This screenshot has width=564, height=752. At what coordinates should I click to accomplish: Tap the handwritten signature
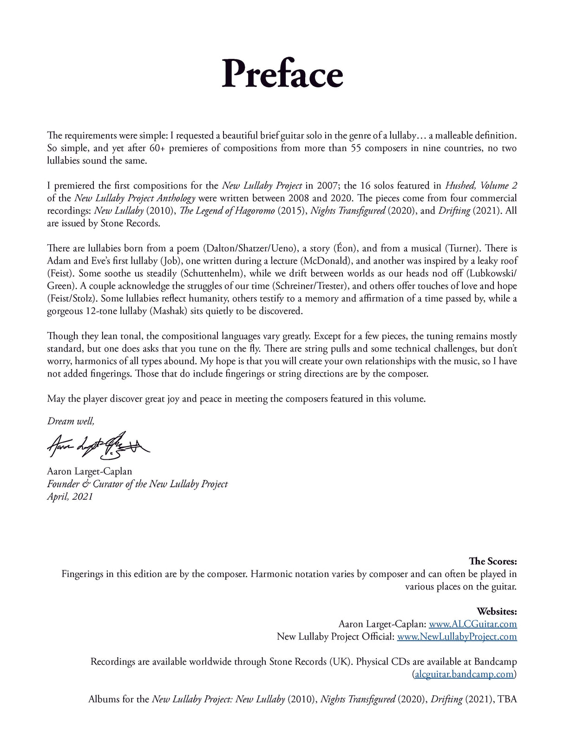(98, 445)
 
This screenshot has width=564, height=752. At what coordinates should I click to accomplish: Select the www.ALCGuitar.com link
(472, 624)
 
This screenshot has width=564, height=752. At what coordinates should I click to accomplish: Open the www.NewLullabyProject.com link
(457, 636)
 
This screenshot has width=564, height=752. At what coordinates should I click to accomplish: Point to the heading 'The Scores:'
(492, 561)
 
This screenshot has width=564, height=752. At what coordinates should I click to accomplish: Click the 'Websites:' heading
(497, 611)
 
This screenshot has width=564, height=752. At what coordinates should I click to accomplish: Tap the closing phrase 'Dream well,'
(71, 421)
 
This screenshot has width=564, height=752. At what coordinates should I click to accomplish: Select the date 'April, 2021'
(70, 497)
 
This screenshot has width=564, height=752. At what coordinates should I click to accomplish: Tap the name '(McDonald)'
(326, 261)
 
